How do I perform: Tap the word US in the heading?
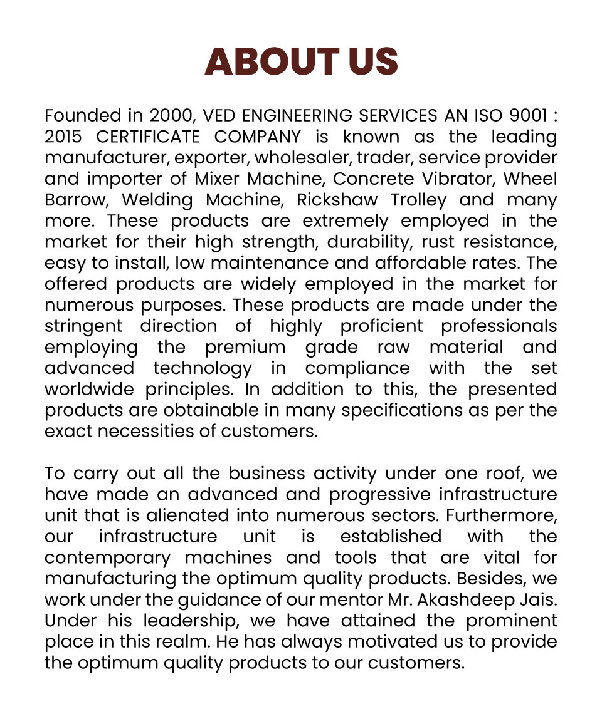(370, 61)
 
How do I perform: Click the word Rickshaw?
(337, 200)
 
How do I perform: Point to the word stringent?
(83, 326)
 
